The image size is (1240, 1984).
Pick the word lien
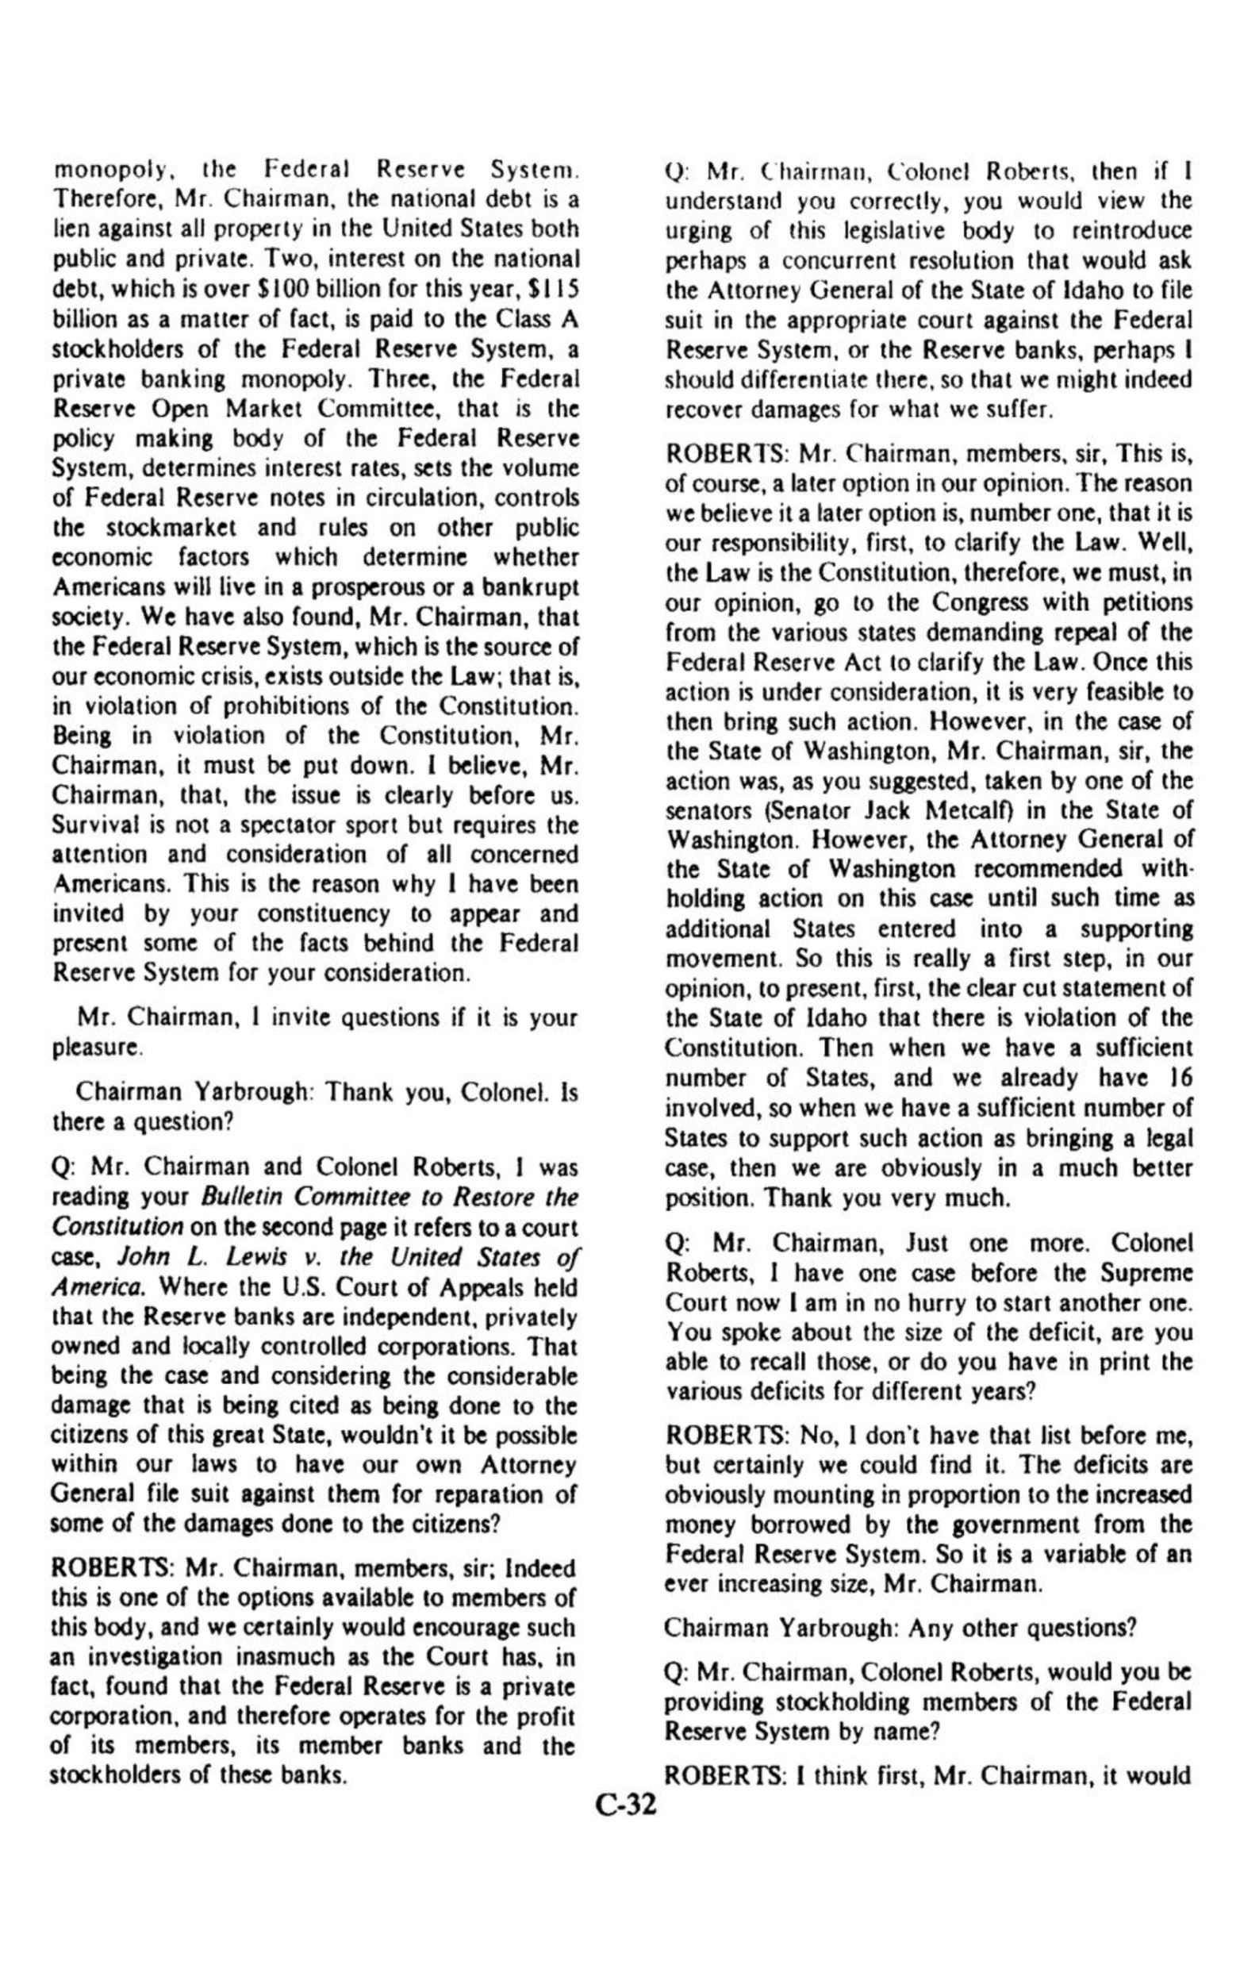[x=67, y=230]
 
